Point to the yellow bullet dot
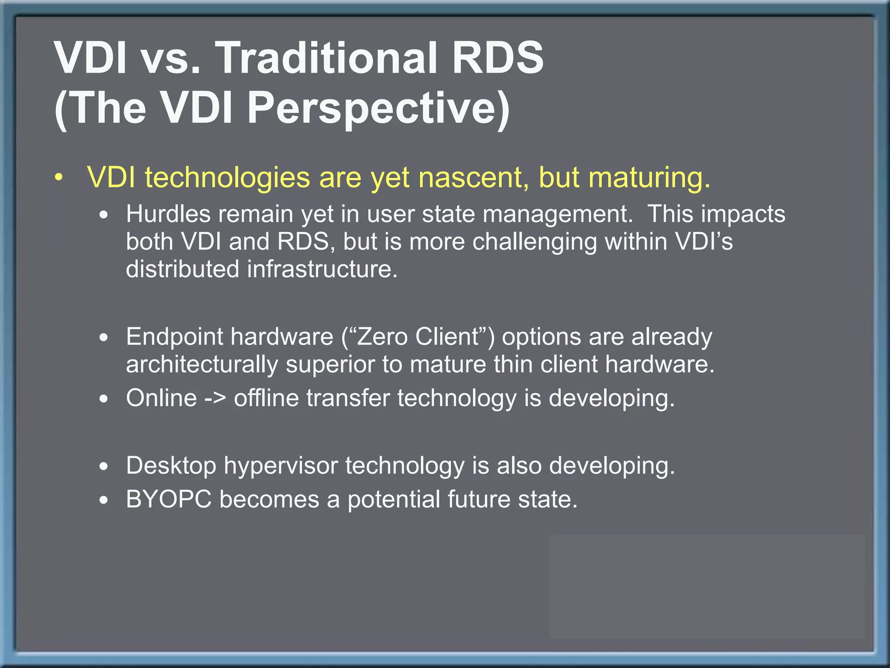[59, 178]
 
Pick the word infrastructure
[322, 269]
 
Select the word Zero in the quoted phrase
[383, 337]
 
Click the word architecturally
[202, 364]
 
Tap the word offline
[266, 398]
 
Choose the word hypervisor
[281, 466]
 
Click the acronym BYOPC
[169, 499]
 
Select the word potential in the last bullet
[394, 499]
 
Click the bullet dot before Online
[103, 399]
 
